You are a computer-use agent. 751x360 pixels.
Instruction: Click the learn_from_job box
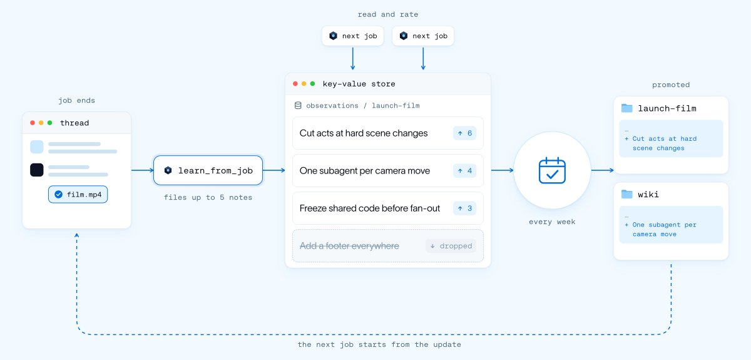(x=208, y=170)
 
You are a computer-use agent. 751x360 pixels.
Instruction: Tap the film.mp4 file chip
(x=78, y=194)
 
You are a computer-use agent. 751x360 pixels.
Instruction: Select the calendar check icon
(x=552, y=170)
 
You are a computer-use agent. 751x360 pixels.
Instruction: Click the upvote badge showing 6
(x=464, y=133)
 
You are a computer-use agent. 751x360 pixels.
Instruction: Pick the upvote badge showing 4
(x=464, y=171)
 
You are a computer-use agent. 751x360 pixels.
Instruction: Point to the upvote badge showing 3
(x=464, y=208)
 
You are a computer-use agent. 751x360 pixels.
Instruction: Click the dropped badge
(x=451, y=246)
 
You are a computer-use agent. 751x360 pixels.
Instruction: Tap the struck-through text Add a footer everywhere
(x=349, y=246)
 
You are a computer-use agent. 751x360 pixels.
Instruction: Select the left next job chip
(x=353, y=36)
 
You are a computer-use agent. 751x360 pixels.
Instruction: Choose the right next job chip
(x=423, y=36)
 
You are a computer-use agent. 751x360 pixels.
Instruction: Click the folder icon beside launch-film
(x=626, y=108)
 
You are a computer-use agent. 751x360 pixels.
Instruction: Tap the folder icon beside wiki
(x=626, y=194)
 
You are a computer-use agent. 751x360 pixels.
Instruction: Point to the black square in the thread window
(x=37, y=170)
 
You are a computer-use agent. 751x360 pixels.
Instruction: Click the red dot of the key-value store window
(x=295, y=83)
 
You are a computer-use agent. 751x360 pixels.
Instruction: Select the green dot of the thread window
(x=49, y=123)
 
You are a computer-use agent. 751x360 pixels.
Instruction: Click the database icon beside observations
(x=298, y=105)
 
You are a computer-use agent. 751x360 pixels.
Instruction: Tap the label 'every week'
(x=552, y=222)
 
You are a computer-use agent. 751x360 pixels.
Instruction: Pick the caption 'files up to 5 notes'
(x=208, y=197)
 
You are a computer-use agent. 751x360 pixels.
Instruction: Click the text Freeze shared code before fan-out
(x=369, y=208)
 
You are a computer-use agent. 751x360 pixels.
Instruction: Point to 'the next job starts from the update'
(x=379, y=344)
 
